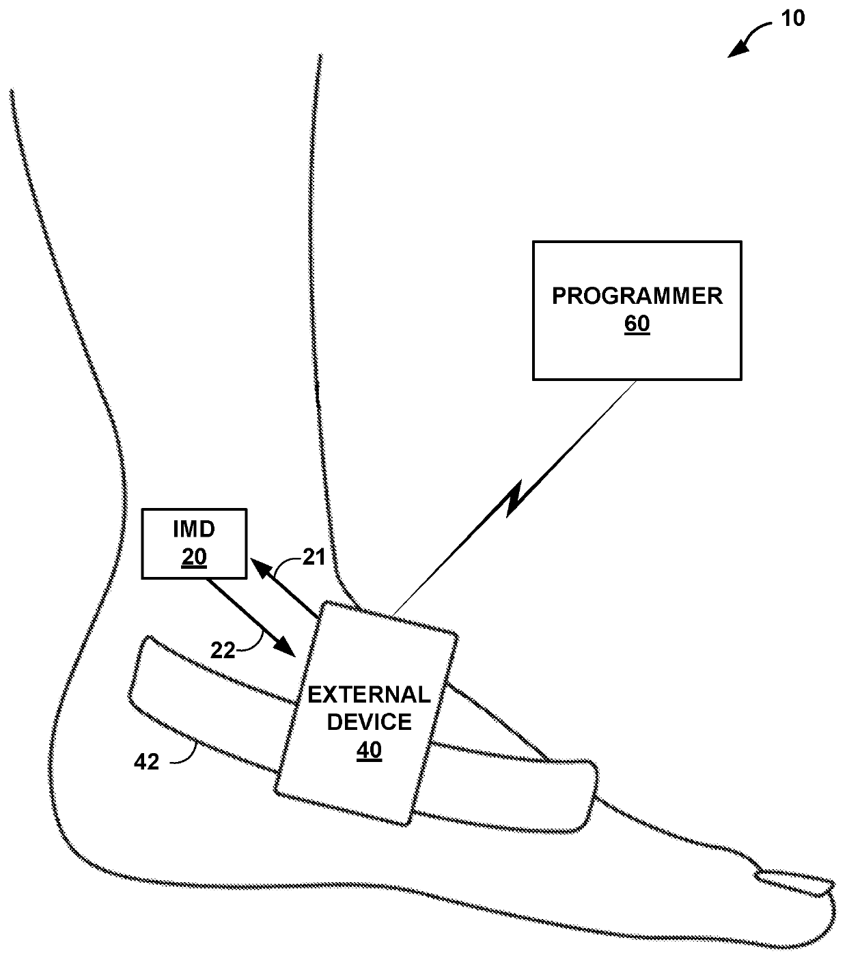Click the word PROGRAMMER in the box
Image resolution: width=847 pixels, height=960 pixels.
637,296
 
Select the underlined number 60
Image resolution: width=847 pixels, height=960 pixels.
637,324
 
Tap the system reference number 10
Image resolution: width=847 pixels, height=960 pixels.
792,19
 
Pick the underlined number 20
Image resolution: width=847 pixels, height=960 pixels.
194,557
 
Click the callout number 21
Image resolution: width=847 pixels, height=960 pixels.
314,558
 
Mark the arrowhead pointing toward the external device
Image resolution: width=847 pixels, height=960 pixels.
287,647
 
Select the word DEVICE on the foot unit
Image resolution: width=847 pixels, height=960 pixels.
370,722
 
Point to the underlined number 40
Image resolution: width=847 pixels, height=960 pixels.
370,750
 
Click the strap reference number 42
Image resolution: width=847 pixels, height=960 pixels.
145,761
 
